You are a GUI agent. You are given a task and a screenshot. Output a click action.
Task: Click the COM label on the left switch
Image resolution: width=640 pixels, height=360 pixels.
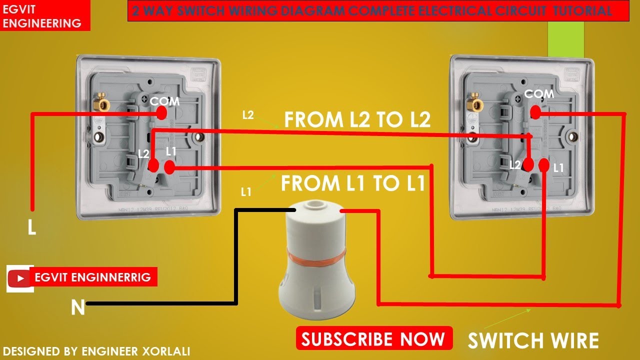coord(164,101)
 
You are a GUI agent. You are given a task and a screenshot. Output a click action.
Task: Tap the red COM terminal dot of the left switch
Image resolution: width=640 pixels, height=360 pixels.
coord(161,113)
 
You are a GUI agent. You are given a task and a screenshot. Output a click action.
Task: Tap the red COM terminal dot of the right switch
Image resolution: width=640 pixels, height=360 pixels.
coord(535,113)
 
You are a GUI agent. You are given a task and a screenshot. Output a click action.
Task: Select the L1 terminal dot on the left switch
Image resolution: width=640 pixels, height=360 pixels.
coord(169,166)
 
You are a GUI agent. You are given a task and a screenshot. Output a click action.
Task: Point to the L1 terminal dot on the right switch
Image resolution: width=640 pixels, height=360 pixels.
coord(544,165)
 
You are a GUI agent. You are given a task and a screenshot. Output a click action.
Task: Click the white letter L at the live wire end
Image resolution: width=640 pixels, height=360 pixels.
coord(31,228)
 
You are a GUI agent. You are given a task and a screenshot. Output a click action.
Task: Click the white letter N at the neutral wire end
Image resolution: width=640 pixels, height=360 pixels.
coord(77,307)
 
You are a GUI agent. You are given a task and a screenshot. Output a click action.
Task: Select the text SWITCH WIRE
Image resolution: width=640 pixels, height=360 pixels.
coord(533,340)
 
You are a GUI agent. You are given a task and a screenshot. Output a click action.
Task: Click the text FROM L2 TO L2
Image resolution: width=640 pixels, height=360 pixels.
coord(357,120)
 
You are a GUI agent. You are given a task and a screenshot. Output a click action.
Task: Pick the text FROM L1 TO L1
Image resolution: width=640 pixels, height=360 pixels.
coord(353,183)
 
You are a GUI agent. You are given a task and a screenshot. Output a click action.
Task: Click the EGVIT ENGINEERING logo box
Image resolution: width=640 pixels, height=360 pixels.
coord(45,16)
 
